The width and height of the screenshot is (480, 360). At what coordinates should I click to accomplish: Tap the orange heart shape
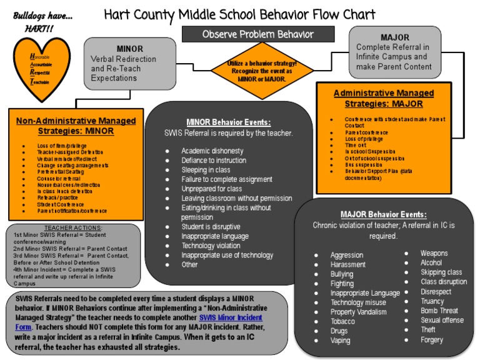pyautogui.click(x=39, y=66)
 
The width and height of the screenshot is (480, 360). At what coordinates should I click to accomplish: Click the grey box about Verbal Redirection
pyautogui.click(x=129, y=64)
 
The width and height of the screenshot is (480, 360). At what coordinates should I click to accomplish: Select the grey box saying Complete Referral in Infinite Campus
pyautogui.click(x=394, y=52)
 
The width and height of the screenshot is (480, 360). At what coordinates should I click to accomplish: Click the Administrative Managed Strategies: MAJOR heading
pyautogui.click(x=384, y=98)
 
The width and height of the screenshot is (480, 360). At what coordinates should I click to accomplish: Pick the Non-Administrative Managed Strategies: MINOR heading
pyautogui.click(x=75, y=126)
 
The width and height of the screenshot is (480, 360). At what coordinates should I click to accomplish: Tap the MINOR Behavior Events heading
pyautogui.click(x=228, y=122)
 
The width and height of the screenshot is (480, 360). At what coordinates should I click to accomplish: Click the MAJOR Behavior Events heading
pyautogui.click(x=384, y=214)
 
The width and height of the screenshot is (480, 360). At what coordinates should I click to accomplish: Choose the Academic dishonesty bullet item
pyautogui.click(x=212, y=151)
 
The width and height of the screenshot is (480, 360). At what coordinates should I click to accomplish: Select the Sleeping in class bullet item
pyautogui.click(x=206, y=170)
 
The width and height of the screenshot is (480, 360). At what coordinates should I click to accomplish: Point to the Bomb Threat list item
pyautogui.click(x=439, y=311)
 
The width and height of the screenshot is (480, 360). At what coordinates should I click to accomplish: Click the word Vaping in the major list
pyautogui.click(x=341, y=341)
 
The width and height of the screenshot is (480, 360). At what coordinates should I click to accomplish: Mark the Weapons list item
pyautogui.click(x=434, y=253)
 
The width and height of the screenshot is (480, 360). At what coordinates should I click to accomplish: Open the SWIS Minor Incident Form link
pyautogui.click(x=231, y=322)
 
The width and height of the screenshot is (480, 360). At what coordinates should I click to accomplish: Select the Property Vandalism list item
pyautogui.click(x=359, y=312)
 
